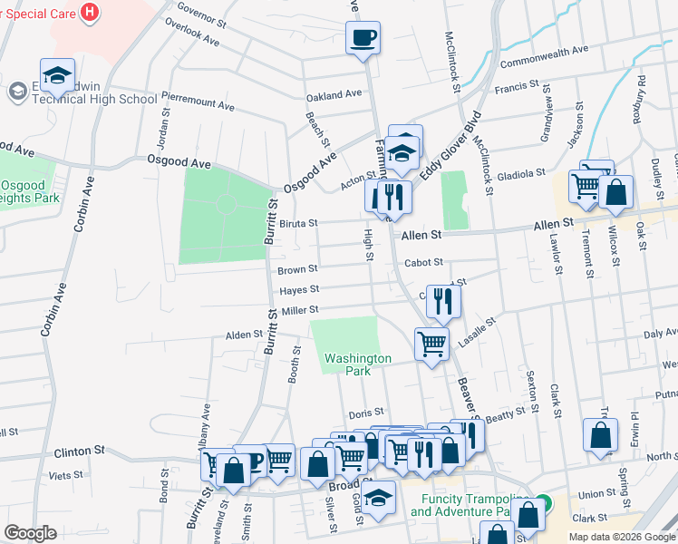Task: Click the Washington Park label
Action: pyautogui.click(x=358, y=364)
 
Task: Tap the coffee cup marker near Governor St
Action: pyautogui.click(x=363, y=38)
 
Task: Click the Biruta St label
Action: pyautogui.click(x=297, y=223)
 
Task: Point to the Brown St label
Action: pyautogui.click(x=297, y=269)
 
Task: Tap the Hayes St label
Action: pyautogui.click(x=299, y=290)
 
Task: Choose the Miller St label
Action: pyautogui.click(x=300, y=311)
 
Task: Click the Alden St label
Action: pyautogui.click(x=244, y=335)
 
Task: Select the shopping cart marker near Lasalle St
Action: pyautogui.click(x=431, y=343)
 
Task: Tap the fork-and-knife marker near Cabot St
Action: pyautogui.click(x=442, y=300)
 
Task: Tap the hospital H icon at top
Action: pyautogui.click(x=89, y=13)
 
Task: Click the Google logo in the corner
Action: pyautogui.click(x=30, y=533)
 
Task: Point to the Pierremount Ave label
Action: pyautogui.click(x=198, y=101)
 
